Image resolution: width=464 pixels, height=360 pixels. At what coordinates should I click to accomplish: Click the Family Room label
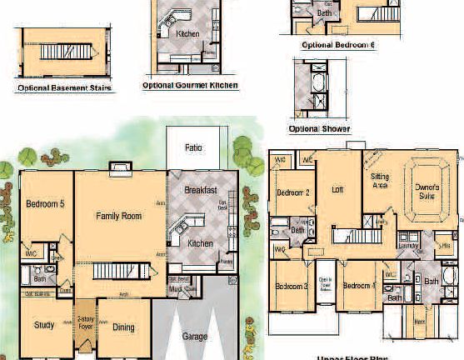(x=118, y=216)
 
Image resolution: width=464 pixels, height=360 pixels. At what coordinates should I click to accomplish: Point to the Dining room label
(x=123, y=327)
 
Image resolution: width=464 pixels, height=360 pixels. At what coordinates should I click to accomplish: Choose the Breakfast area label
(x=200, y=189)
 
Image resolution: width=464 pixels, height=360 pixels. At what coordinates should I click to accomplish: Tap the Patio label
(x=193, y=147)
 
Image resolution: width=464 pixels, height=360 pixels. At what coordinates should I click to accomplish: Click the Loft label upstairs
(x=337, y=189)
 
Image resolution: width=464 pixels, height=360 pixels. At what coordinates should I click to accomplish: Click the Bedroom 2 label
(x=293, y=192)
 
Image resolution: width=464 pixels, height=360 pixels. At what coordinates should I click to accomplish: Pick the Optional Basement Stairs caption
(x=65, y=87)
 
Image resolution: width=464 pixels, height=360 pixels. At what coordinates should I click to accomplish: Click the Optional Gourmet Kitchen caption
(x=190, y=85)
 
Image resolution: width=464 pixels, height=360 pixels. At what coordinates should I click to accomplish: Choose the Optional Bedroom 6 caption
(x=337, y=44)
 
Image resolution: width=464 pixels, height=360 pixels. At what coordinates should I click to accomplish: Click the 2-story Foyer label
(x=85, y=322)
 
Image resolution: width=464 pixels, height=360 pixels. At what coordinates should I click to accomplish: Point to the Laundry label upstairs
(x=407, y=246)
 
